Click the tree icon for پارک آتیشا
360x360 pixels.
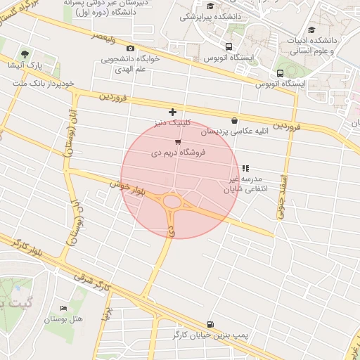coord(25,53)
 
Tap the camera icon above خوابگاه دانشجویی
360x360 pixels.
coord(129,48)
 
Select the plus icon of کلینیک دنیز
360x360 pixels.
coord(173,112)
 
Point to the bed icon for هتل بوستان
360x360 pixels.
coord(64,308)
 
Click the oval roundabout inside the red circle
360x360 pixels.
coord(172,203)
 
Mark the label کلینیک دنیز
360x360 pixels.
coord(174,122)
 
